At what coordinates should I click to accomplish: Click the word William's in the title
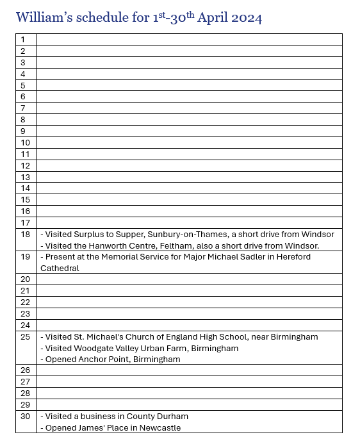tap(44, 17)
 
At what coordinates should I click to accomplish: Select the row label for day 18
tap(26, 235)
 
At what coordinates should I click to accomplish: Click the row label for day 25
tap(26, 337)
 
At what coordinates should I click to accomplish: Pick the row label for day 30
tap(26, 417)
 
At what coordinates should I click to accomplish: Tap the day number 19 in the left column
tap(26, 257)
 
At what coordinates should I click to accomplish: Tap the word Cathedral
tap(60, 268)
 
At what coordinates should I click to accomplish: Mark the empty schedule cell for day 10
tap(189, 143)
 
